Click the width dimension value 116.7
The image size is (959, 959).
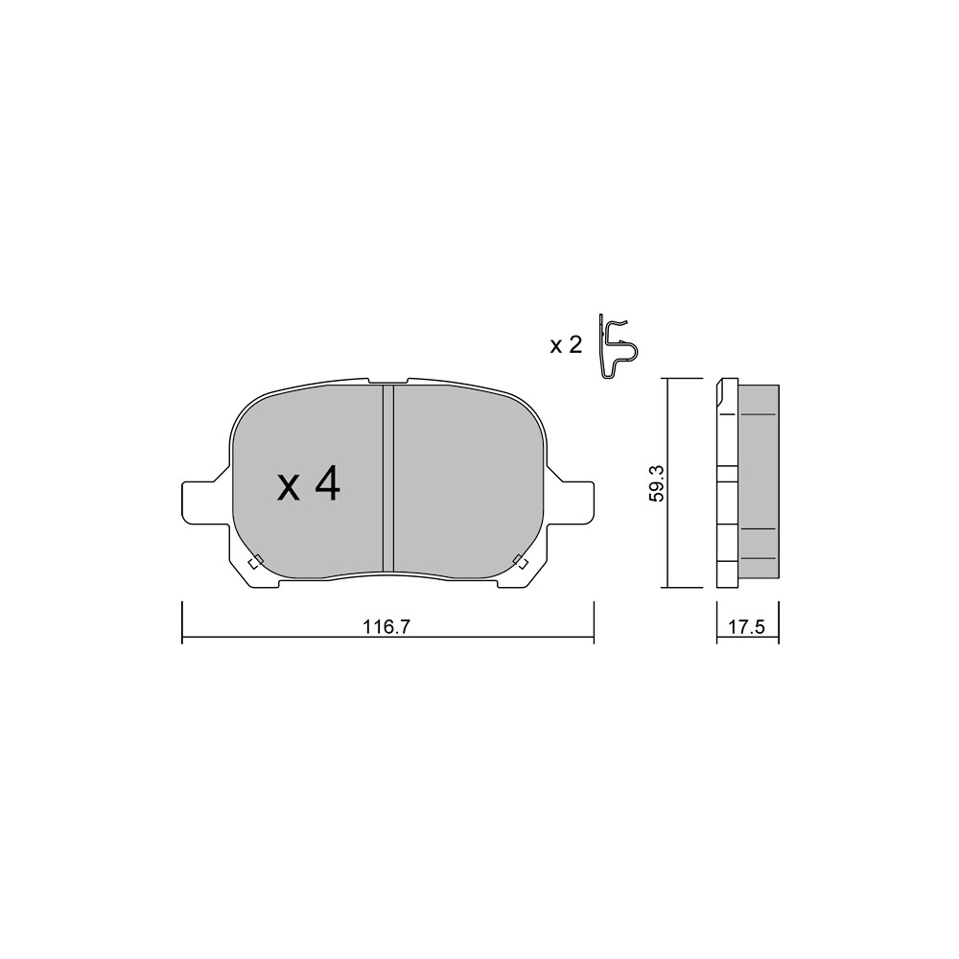pos(386,627)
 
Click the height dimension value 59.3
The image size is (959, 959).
pos(656,483)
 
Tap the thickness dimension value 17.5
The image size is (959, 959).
pos(747,627)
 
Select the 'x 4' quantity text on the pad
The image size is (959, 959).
pos(309,483)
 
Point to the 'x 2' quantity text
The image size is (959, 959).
pos(566,345)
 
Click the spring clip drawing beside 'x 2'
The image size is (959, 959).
pos(618,347)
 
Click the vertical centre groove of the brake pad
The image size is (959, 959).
pos(388,479)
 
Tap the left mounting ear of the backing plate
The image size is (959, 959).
pos(199,503)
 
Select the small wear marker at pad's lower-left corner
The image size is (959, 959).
pos(255,561)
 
